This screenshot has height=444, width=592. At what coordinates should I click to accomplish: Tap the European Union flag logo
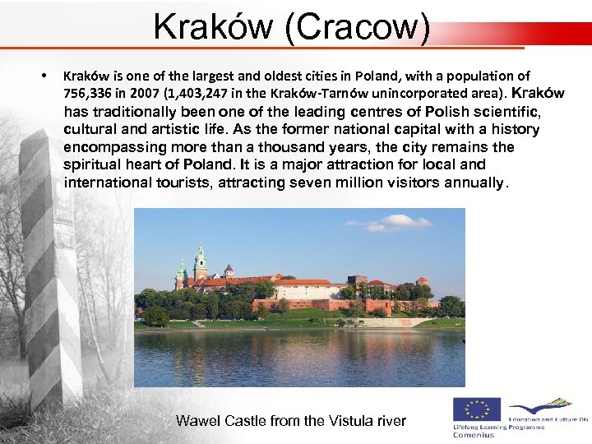click(x=475, y=409)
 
